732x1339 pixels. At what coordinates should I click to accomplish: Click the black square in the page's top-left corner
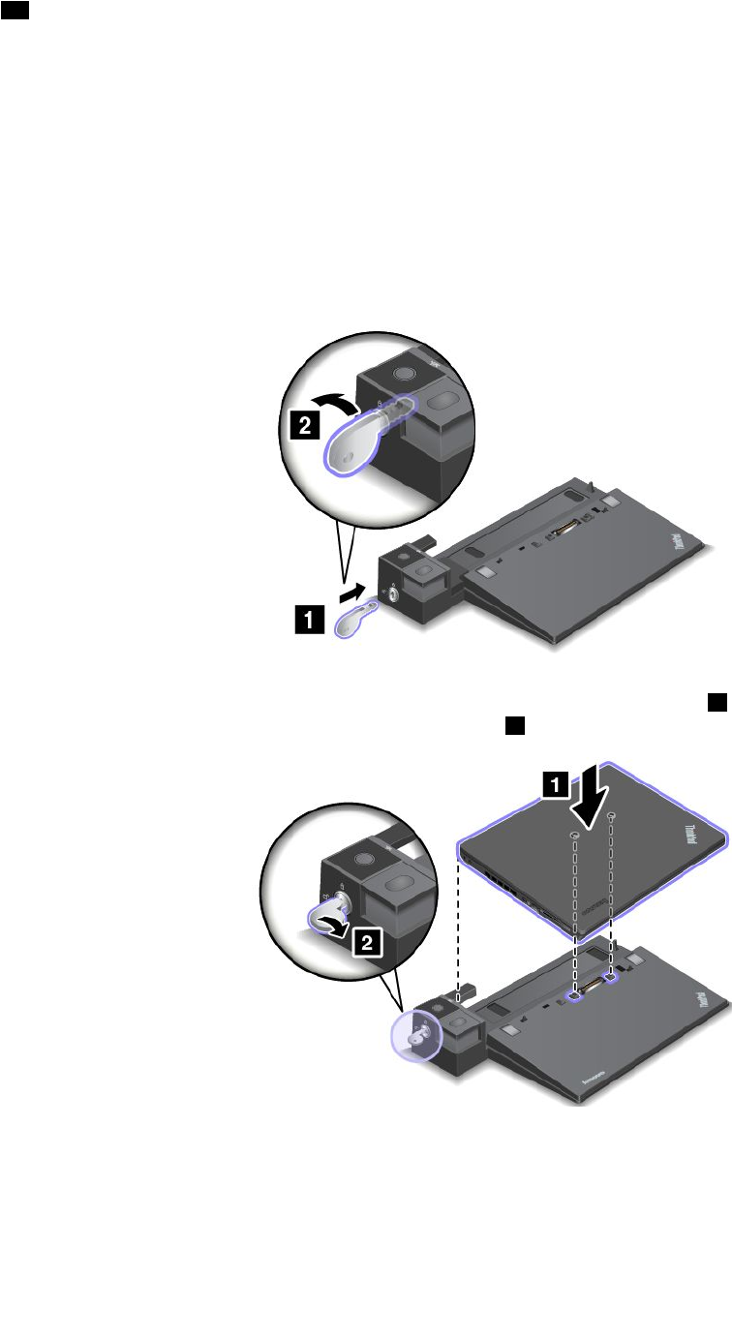click(22, 10)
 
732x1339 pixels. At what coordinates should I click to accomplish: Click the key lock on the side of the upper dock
click(391, 593)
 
